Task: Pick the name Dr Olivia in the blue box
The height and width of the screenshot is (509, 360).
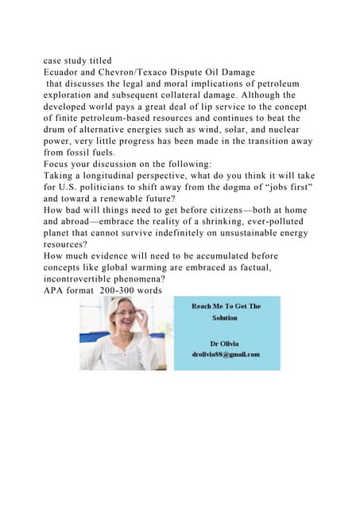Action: click(x=226, y=343)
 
